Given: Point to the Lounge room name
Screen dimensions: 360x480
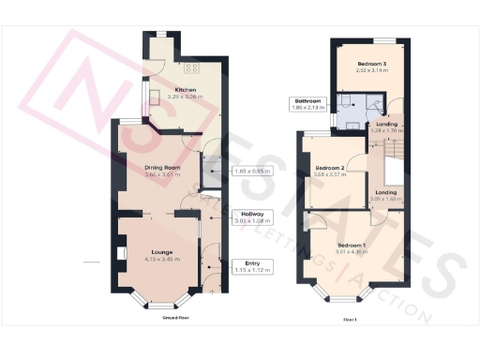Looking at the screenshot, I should [159, 251].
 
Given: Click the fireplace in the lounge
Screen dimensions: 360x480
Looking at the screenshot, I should [120, 253].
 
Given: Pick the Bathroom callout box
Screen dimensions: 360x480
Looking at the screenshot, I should [308, 104].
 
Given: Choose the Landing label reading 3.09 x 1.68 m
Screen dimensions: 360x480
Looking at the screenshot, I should [385, 195].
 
